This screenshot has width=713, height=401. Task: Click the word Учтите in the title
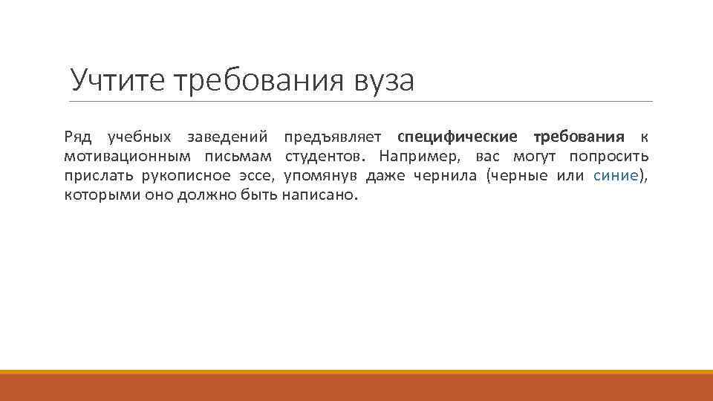click(118, 79)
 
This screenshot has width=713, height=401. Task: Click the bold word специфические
click(458, 137)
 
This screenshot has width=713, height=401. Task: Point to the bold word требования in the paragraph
click(579, 137)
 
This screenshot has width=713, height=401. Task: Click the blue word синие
click(616, 176)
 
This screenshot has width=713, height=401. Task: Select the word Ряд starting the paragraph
click(77, 137)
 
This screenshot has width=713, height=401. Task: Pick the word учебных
click(139, 137)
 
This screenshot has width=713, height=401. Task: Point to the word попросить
click(608, 157)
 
